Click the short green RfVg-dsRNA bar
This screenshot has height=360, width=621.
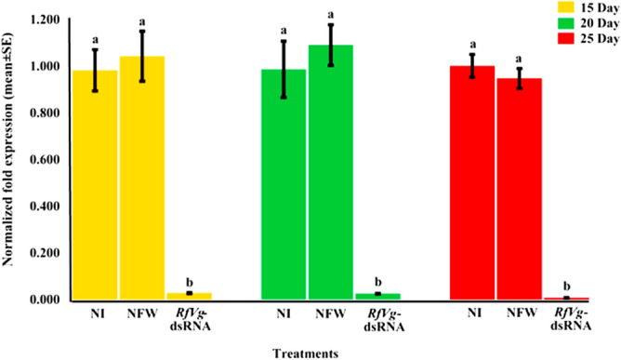(x=377, y=296)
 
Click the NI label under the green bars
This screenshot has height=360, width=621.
(x=283, y=313)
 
